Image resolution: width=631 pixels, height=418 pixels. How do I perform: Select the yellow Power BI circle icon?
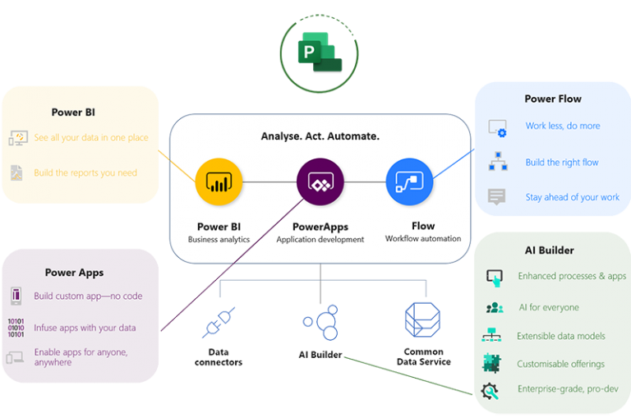(x=219, y=181)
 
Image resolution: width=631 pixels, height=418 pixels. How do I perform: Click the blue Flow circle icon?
(x=409, y=181)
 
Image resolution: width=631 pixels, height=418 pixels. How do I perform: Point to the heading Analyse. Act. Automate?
(x=320, y=136)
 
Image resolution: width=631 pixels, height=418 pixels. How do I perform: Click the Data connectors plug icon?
(x=219, y=323)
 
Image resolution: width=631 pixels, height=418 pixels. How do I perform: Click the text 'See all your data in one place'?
(x=91, y=138)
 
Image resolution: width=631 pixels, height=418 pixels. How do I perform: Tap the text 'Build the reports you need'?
(x=85, y=173)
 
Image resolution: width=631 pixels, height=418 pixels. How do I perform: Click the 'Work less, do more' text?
(x=563, y=126)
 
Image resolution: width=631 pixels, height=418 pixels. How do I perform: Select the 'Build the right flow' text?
(x=562, y=163)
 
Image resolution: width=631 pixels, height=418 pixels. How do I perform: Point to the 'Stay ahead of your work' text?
(x=573, y=198)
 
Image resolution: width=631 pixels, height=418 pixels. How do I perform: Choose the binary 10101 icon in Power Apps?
(x=16, y=328)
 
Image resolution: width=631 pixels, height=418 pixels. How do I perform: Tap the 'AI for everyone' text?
(x=548, y=308)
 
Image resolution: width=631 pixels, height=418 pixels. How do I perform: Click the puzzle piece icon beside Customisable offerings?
(x=492, y=363)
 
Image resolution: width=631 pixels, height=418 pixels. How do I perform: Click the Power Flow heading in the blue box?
(x=553, y=99)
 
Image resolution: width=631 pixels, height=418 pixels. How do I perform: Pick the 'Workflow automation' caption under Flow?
(x=423, y=239)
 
